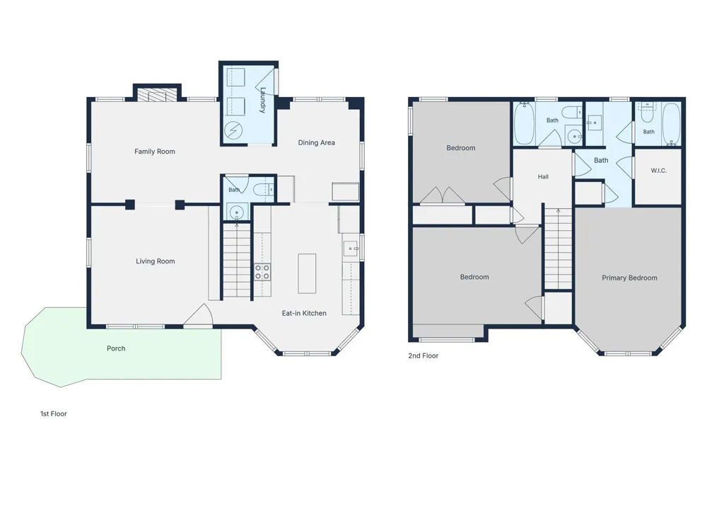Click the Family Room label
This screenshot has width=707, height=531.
click(155, 152)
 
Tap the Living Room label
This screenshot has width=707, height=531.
click(155, 261)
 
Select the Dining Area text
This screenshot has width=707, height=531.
click(316, 143)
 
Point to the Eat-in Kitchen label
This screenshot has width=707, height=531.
click(304, 314)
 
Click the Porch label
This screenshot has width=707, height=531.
click(116, 348)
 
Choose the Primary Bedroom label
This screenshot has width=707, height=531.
click(629, 278)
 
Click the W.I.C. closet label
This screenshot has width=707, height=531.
click(658, 171)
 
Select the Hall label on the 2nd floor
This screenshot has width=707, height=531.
click(543, 177)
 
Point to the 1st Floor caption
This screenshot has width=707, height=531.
click(54, 414)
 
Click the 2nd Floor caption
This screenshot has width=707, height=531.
click(423, 356)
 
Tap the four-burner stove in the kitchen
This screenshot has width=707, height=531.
click(262, 272)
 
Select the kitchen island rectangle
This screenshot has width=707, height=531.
click(307, 273)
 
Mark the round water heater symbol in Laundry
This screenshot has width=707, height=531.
click(233, 130)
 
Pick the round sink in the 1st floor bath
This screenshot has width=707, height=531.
click(236, 212)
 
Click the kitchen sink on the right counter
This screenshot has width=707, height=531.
click(351, 249)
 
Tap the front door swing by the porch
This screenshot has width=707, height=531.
click(199, 314)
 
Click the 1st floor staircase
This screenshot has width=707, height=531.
click(237, 261)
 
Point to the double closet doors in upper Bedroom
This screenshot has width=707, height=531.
click(443, 195)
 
